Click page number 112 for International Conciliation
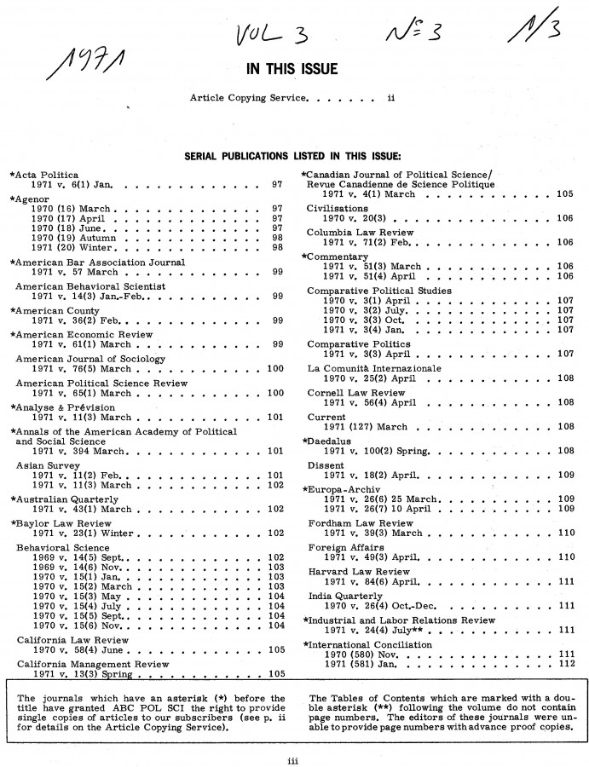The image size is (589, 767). pos(564,664)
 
